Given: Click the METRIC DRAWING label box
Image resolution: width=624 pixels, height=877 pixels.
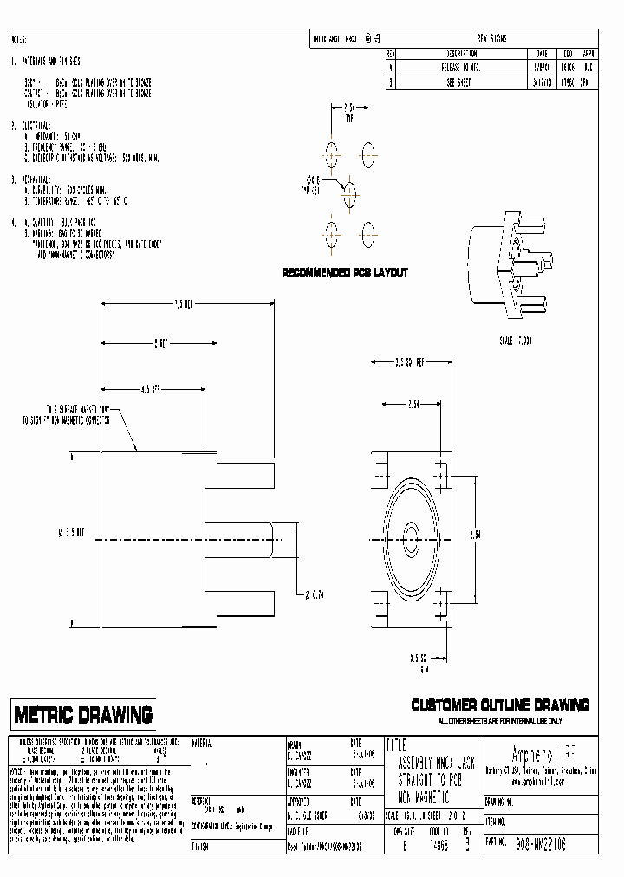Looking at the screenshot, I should point(83,715).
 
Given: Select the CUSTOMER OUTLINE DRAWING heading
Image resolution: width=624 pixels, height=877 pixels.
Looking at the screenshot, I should point(500,705).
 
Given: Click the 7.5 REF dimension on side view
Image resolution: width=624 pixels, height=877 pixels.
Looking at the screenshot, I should point(185,304).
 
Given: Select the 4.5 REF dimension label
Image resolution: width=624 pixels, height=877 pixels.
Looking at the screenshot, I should point(150,389).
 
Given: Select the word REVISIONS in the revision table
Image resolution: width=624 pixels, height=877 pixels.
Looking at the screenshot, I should point(492,39).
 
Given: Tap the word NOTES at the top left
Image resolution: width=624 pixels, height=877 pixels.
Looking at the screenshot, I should point(18,40).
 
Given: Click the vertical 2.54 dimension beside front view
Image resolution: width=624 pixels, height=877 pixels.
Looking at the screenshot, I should point(500,534).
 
